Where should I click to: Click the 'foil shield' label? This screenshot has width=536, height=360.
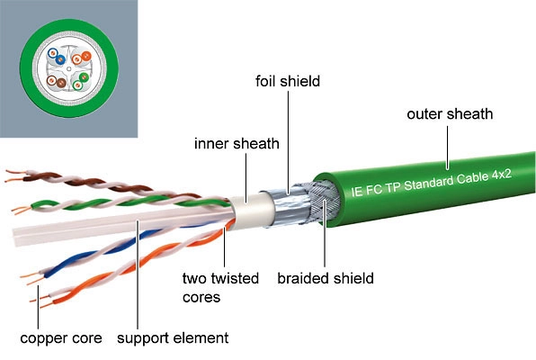288,81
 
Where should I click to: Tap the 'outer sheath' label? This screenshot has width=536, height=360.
450,114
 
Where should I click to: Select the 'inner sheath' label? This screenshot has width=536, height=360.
237,143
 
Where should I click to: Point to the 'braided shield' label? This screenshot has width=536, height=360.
326,278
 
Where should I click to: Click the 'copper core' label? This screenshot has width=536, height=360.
61,338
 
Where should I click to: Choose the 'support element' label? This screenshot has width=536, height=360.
173,338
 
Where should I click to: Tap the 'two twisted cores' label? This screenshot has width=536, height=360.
220,287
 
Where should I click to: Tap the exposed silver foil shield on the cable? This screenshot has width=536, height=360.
287,207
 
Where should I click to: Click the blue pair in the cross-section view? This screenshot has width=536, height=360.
57,56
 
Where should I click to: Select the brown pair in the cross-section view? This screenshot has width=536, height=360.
57,81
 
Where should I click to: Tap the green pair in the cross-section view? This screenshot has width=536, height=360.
81,80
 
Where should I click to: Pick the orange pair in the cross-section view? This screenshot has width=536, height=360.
81,58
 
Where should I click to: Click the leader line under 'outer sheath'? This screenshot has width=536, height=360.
448,148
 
